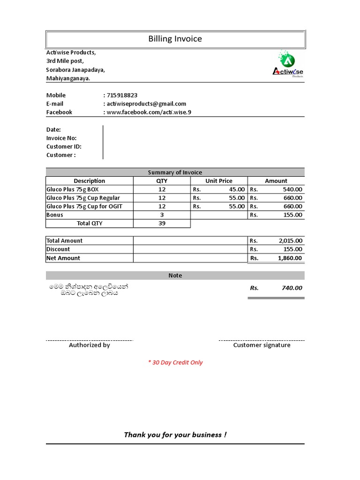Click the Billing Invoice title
175,39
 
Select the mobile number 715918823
122,95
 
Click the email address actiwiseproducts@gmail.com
146,104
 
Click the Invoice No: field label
61,138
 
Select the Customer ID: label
64,147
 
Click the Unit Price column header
219,181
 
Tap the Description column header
90,181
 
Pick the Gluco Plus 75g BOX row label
73,189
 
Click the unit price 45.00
236,189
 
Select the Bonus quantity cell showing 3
162,215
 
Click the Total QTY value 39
162,224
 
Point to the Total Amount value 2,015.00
290,240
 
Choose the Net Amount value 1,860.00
290,258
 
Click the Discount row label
58,249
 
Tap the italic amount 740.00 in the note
292,288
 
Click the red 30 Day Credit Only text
175,362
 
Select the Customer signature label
262,345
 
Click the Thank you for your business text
175,435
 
